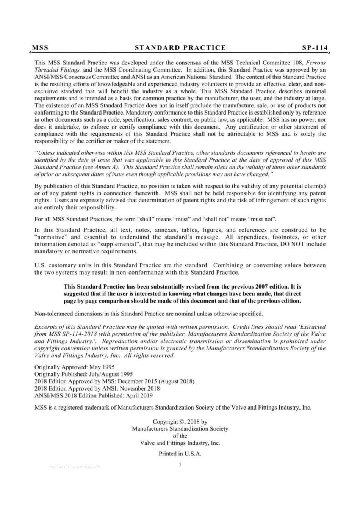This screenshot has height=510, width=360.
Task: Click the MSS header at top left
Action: point(40,48)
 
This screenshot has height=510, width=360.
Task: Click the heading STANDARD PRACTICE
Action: point(180,48)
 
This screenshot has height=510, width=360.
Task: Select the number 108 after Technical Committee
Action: point(299,63)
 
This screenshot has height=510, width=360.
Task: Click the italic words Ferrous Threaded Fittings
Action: point(57,70)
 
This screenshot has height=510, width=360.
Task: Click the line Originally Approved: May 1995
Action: point(74,367)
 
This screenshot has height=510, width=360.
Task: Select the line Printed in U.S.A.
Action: point(180,454)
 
